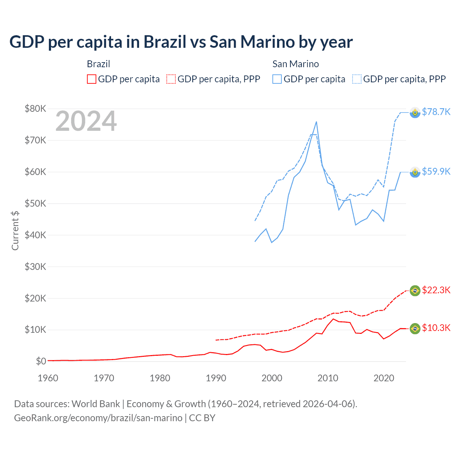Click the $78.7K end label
[x=436, y=112]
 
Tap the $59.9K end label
[x=436, y=171]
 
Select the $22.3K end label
[x=436, y=290]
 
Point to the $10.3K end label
[x=436, y=328]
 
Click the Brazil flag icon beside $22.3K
[x=415, y=290]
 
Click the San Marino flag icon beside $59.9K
[x=415, y=172]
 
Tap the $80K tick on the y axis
[x=35, y=109]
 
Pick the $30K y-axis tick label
[x=35, y=267]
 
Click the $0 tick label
[x=41, y=361]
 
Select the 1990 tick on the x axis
[x=216, y=378]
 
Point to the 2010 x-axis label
[x=328, y=378]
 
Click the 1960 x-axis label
[x=48, y=378]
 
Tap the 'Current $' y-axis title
[x=15, y=230]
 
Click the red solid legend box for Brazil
[x=92, y=79]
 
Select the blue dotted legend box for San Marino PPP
[x=357, y=79]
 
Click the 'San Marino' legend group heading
[x=295, y=64]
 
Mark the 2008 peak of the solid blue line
[x=316, y=122]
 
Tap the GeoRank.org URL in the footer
[x=98, y=418]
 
